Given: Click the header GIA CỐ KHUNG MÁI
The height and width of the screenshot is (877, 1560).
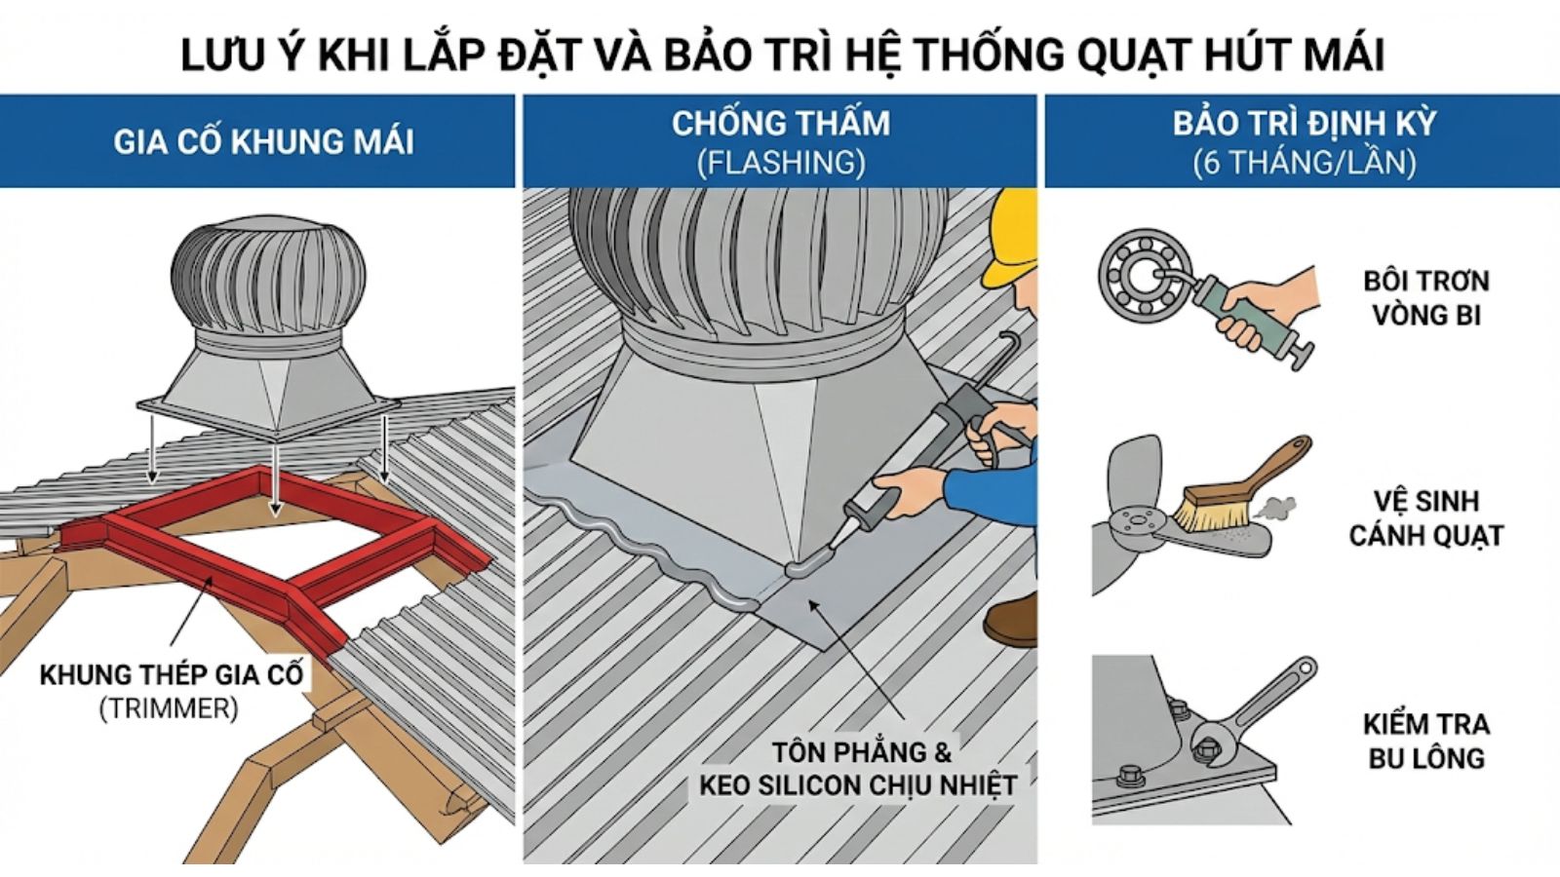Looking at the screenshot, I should point(263,142).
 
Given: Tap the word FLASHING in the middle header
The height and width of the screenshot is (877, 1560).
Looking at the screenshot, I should point(781,162).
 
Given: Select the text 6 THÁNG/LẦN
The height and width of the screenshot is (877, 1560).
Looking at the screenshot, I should point(1305,162).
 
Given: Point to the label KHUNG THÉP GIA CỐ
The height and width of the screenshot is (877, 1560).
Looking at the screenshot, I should point(172,674).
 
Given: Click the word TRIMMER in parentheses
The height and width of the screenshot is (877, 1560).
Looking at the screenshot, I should point(168,708).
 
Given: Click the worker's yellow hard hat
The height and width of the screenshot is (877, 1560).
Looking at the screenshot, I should point(1015,234).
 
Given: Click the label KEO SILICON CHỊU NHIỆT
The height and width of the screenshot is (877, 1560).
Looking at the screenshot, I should point(858,785).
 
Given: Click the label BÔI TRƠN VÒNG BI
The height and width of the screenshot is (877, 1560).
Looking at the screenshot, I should point(1425,297).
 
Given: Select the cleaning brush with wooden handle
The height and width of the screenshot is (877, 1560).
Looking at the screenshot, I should point(1238,487).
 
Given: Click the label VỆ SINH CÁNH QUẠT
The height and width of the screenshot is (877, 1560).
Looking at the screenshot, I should point(1425,517).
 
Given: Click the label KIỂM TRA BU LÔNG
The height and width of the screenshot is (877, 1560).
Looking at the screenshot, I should point(1425,741).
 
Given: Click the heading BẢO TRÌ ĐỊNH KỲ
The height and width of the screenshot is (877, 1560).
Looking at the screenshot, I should point(1305,124).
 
